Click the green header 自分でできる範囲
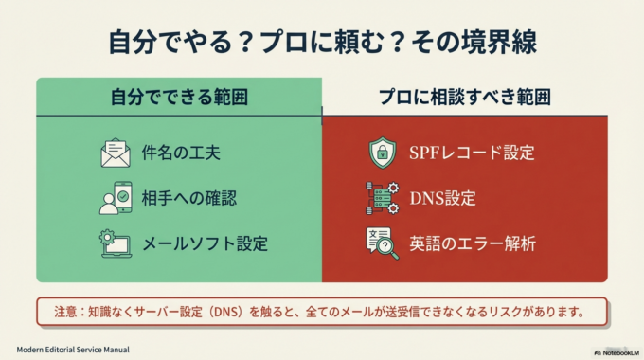pyautogui.click(x=179, y=97)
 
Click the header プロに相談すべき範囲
pyautogui.click(x=464, y=97)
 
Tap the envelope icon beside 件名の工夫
pyautogui.click(x=115, y=153)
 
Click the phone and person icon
pyautogui.click(x=115, y=197)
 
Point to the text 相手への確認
pyautogui.click(x=189, y=198)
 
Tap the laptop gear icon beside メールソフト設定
pyautogui.click(x=115, y=243)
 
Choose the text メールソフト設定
pyautogui.click(x=205, y=243)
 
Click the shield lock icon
pyautogui.click(x=382, y=153)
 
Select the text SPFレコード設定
pyautogui.click(x=472, y=153)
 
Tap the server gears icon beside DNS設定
pyautogui.click(x=382, y=198)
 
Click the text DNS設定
pyautogui.click(x=442, y=198)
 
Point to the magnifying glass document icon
pyautogui.click(x=382, y=243)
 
